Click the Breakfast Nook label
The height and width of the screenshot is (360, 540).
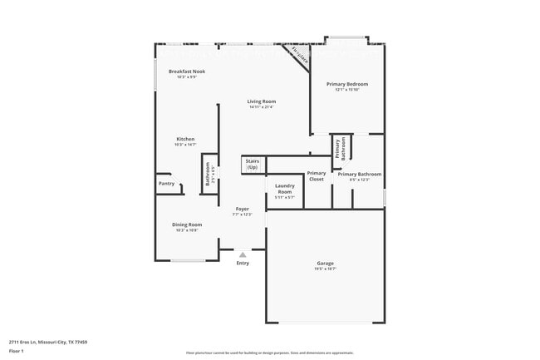click(x=187, y=72)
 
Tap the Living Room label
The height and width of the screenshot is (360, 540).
click(x=261, y=101)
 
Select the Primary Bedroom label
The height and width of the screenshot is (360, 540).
click(x=346, y=84)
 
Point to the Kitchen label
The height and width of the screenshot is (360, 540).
click(x=185, y=139)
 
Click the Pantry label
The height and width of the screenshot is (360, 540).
click(x=166, y=184)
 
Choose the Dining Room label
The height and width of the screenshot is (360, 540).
click(x=187, y=224)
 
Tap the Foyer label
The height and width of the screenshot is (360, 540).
click(x=243, y=209)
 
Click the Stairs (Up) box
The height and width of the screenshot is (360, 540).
click(x=252, y=164)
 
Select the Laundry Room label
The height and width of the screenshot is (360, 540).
click(x=284, y=189)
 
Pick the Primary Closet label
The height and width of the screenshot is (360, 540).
click(x=317, y=175)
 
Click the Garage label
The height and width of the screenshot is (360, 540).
click(x=325, y=264)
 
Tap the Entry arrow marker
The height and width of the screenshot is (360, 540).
click(x=243, y=255)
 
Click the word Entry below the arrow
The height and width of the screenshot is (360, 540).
click(x=243, y=264)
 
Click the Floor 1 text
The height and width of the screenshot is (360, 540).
click(x=16, y=351)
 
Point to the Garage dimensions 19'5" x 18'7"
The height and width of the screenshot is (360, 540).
click(x=325, y=269)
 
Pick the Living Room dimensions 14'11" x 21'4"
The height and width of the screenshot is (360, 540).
click(x=261, y=107)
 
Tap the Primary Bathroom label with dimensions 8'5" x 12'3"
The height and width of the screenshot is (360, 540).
click(x=360, y=174)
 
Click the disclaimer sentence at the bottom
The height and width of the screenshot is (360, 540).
click(x=269, y=353)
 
